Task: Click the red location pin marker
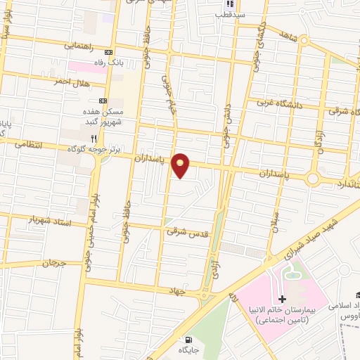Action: coord(181,165)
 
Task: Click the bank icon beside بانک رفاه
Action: coord(108,52)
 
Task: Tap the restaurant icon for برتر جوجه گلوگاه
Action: coord(103,139)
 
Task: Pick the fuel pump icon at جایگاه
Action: coord(185,339)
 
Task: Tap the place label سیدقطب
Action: coord(230,14)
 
